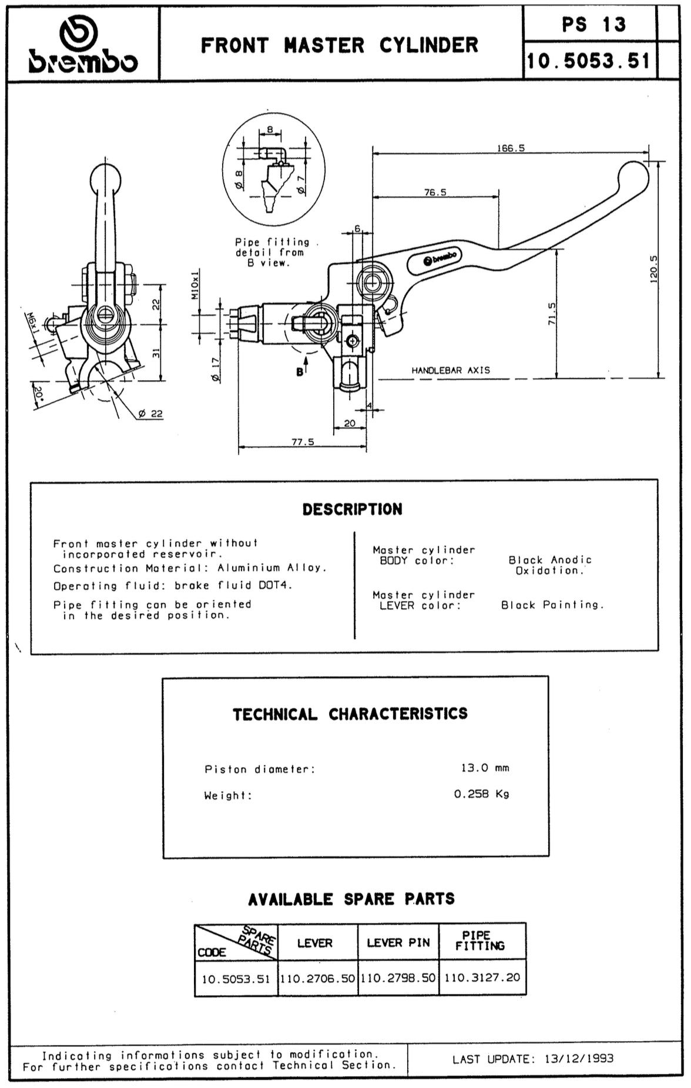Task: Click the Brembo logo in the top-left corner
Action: [x=83, y=45]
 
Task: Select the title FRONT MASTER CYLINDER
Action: [x=340, y=45]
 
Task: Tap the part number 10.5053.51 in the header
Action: [x=588, y=61]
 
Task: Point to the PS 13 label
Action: [x=593, y=25]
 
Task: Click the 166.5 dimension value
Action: [x=511, y=149]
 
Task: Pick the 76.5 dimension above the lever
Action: [x=435, y=192]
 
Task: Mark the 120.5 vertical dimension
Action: [x=654, y=270]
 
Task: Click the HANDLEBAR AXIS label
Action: [x=451, y=371]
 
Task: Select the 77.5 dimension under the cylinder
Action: [x=303, y=442]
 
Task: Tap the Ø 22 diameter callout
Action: [x=150, y=414]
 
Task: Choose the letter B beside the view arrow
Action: [x=300, y=372]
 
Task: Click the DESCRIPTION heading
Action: [x=353, y=509]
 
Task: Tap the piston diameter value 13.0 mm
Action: [x=485, y=768]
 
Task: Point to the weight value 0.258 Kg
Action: [x=481, y=794]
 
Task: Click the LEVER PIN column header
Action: [x=398, y=943]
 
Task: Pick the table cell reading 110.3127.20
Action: [x=482, y=978]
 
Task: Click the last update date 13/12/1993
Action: [x=579, y=1059]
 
